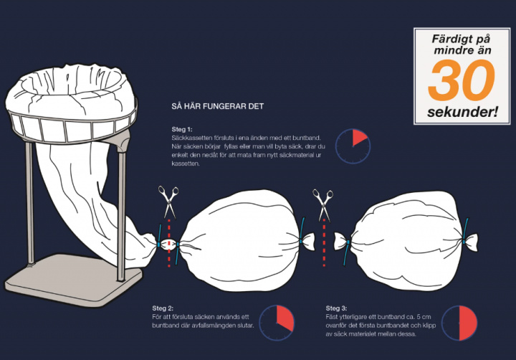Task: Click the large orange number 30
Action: point(462,80)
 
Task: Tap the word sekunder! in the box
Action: point(462,112)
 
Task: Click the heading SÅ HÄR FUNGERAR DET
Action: point(218,106)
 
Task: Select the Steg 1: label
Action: point(181,129)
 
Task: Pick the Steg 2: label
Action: point(163,308)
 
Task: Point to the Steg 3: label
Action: point(336,308)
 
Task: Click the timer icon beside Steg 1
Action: point(353,146)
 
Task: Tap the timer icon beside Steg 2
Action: point(277,323)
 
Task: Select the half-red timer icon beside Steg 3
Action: point(459,323)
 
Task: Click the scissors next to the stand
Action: point(168,202)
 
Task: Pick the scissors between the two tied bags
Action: point(322,205)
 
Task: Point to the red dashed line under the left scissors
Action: point(169,242)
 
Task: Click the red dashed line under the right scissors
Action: point(324,242)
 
